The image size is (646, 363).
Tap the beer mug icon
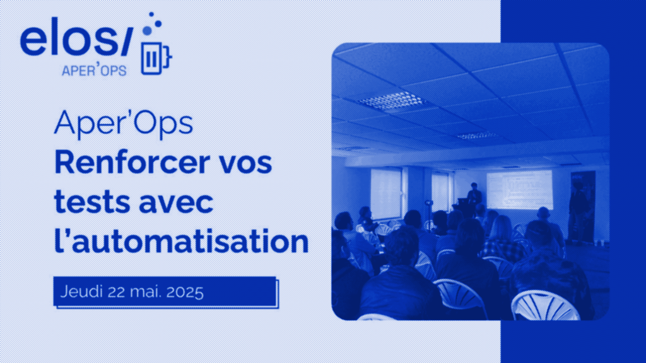(153, 58)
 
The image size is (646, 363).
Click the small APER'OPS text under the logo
(94, 70)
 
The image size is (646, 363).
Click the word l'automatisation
(182, 242)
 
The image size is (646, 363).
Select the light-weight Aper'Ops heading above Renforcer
(123, 124)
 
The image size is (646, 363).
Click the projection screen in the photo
(519, 189)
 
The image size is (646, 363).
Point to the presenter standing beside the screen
(474, 195)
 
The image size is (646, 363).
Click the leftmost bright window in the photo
(385, 192)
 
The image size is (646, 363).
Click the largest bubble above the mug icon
(148, 30)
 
